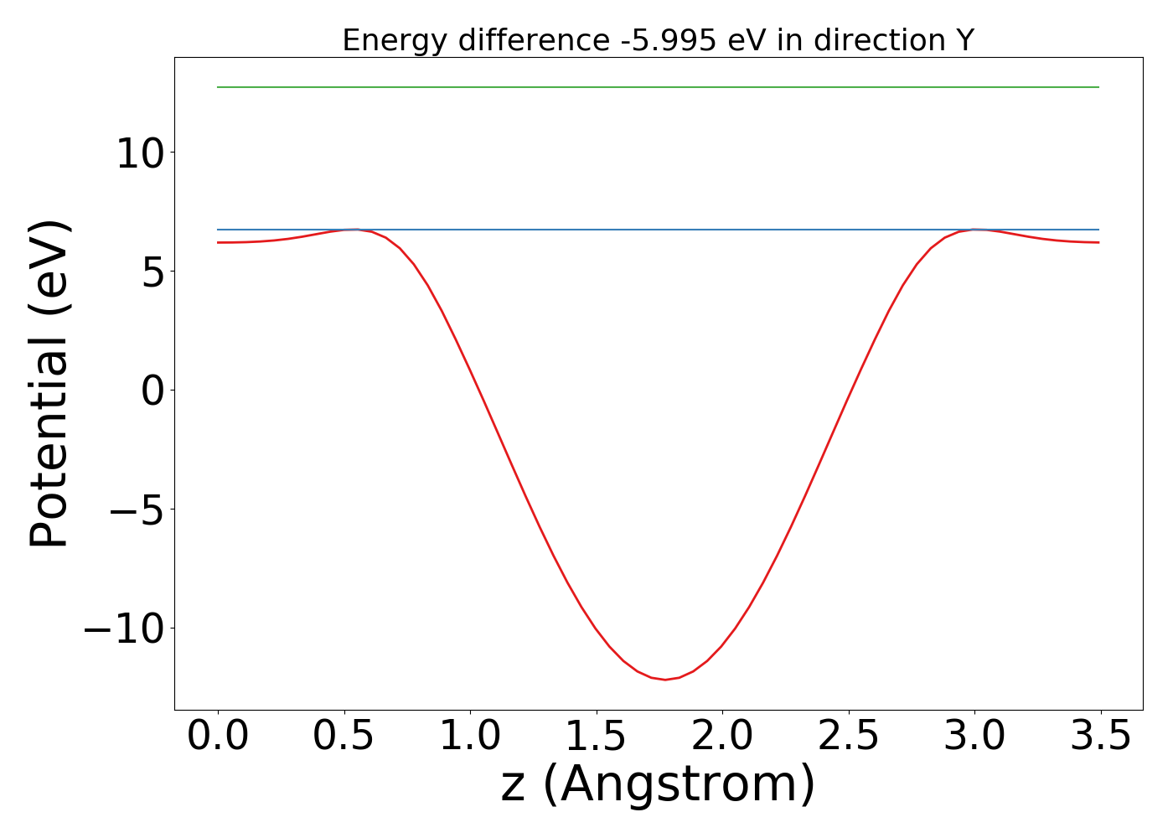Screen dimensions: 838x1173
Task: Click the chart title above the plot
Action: tap(658, 40)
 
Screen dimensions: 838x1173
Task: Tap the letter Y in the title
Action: tap(964, 40)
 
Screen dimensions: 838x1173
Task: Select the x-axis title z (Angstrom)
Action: tap(658, 785)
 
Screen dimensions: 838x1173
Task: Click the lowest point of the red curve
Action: tap(665, 680)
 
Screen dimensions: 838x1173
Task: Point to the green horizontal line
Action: tap(658, 87)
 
